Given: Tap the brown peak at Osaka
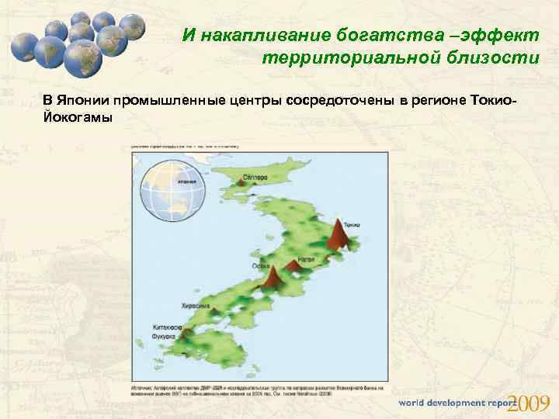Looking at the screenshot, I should (273, 277).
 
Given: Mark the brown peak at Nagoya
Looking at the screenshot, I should (293, 266).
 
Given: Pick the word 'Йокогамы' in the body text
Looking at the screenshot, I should (78, 117).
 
